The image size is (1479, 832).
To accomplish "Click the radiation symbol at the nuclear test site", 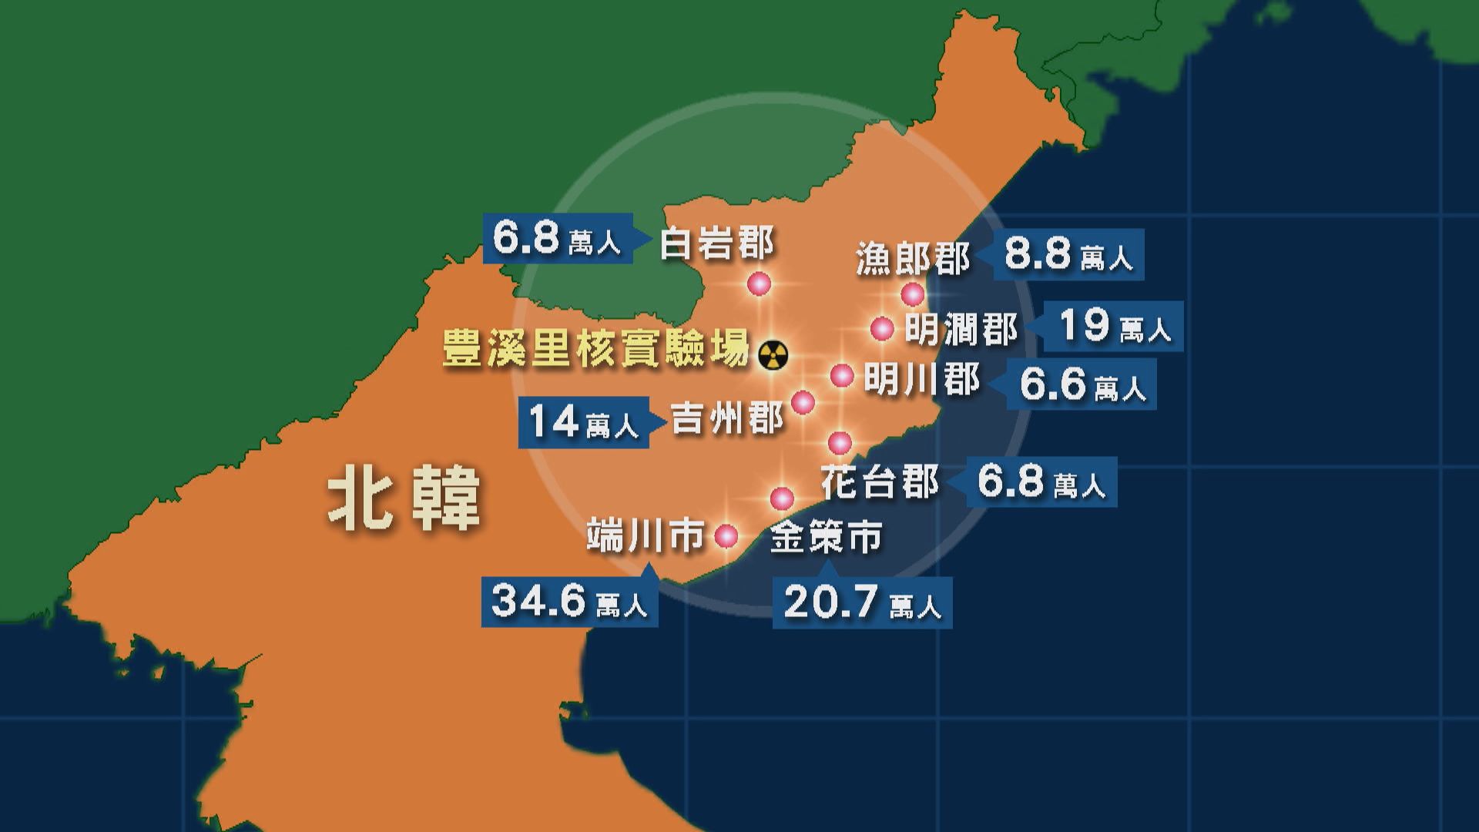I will pos(773,355).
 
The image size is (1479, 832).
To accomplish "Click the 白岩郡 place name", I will pos(716,245).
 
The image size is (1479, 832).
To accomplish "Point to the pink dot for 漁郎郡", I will pos(912,294).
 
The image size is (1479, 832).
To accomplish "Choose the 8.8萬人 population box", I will pos(1068,254).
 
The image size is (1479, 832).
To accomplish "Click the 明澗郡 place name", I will pos(961,330).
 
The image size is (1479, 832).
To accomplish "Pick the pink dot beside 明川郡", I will pos(842,376).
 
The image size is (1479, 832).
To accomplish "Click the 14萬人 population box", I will pos(583,422).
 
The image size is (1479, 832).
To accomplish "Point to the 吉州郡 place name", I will pos(727,420).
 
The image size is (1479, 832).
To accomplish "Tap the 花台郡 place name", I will pos(879,483).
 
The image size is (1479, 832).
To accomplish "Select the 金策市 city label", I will pos(826,537).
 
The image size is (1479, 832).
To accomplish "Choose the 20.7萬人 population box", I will pos(862,602).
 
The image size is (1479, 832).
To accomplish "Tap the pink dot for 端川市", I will pos(726,535).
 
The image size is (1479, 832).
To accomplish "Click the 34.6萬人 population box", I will pos(569,601).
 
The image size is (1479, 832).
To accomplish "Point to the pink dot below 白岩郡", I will pos(759,283).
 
